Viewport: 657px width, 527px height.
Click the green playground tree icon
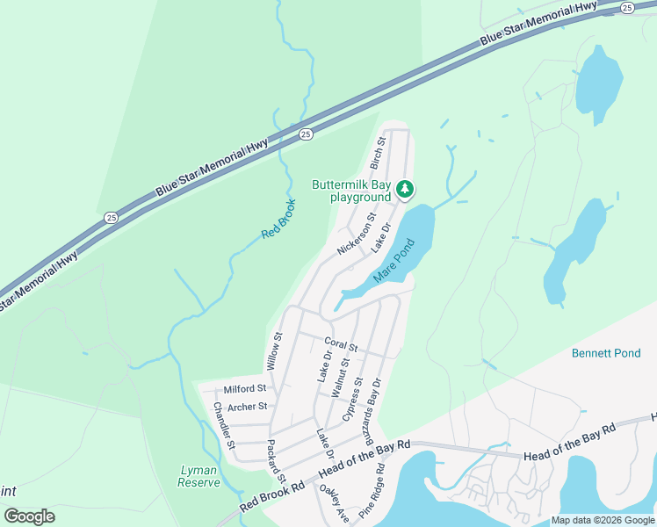405,188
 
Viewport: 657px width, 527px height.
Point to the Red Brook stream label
279,220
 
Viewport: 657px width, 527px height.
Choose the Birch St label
379,153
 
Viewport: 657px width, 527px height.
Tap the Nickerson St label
357,234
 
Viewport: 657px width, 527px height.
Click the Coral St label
341,344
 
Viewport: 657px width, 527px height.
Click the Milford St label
244,388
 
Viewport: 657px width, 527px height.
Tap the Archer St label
247,407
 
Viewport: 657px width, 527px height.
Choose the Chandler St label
224,426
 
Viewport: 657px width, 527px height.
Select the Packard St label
276,459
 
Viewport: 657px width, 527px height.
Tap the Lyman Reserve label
199,476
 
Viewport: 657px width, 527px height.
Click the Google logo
30,516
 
